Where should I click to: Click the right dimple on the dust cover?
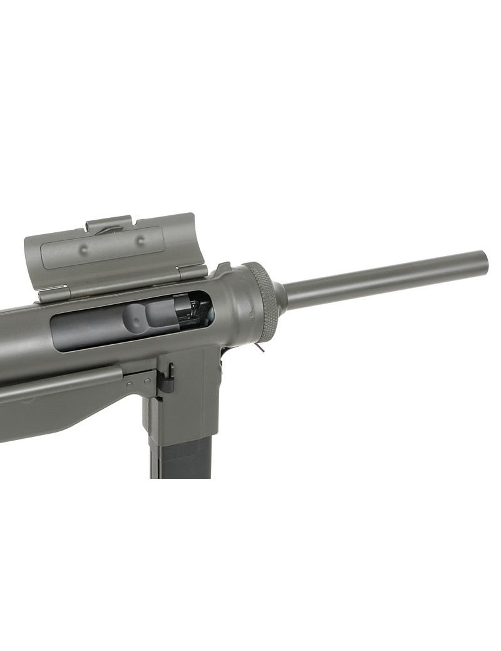(x=140, y=239)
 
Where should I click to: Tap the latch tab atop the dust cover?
(x=110, y=224)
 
